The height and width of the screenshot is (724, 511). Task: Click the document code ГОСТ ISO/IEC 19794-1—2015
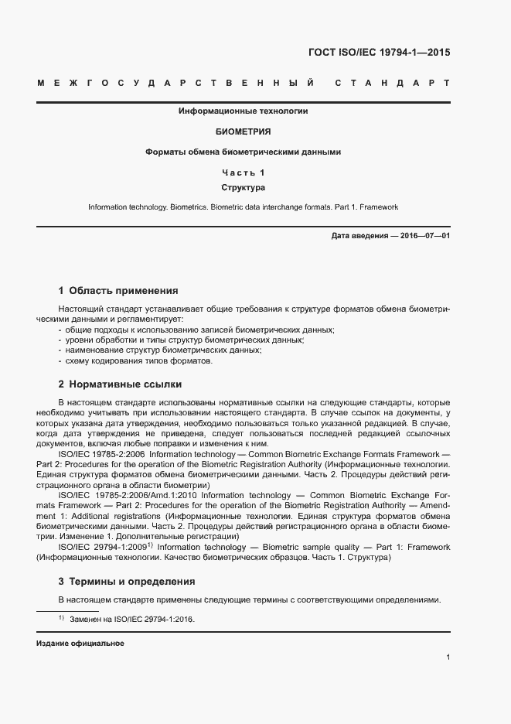379,53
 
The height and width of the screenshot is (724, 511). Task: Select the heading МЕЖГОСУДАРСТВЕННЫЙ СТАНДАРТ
244,82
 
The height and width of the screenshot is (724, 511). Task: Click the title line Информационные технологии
244,111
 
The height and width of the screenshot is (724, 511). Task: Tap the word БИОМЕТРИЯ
244,132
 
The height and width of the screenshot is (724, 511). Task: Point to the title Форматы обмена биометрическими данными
244,152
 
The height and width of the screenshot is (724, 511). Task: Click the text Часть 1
244,172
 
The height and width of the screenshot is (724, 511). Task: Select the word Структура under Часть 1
244,188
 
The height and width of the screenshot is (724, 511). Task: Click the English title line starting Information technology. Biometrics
244,207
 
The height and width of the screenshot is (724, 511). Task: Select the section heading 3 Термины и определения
127,581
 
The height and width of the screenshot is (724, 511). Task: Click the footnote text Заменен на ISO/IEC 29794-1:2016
131,620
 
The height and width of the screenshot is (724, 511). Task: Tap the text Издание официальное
80,644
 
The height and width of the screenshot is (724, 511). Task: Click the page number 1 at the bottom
448,657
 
